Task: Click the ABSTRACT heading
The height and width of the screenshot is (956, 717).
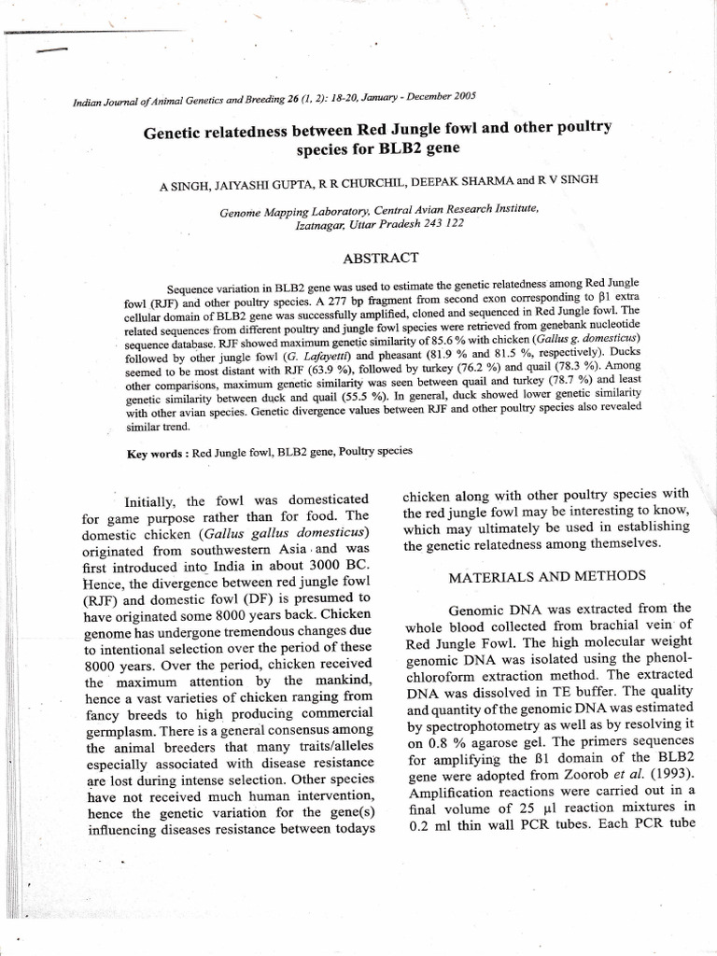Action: (381, 257)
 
